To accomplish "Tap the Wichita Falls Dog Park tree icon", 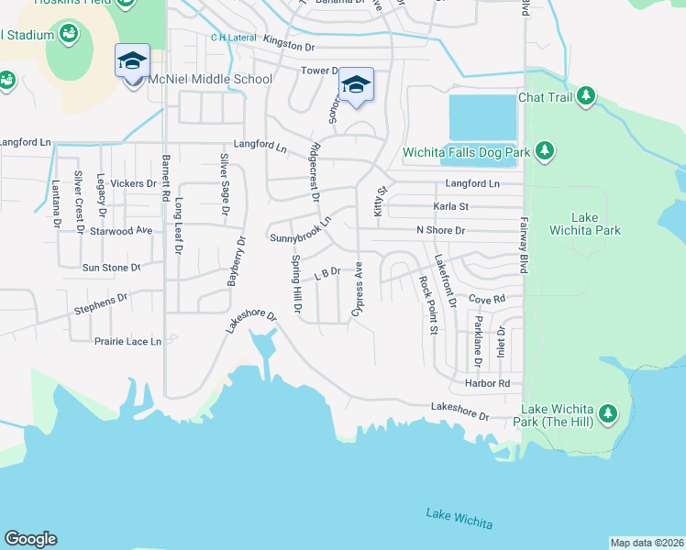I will pos(546,149).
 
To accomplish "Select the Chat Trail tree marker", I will pos(584,96).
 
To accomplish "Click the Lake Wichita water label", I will pos(459,518).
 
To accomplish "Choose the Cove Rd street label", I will pos(487,299).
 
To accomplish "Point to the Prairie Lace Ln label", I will pos(127,341).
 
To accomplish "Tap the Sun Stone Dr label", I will pos(111,268).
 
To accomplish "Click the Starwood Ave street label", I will pos(120,231).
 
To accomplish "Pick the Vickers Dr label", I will pos(133,183).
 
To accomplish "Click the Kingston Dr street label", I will pos(288,42).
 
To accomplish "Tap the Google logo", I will pos(30,539).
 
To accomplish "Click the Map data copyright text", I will pos(647,543).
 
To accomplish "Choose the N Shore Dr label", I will pos(441,230).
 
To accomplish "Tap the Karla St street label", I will pos(451,207).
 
